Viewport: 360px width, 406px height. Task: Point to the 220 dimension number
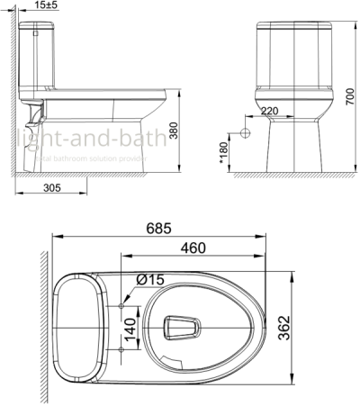point(268,112)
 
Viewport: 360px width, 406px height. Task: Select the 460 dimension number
point(191,248)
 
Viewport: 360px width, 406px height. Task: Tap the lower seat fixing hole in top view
point(122,346)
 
